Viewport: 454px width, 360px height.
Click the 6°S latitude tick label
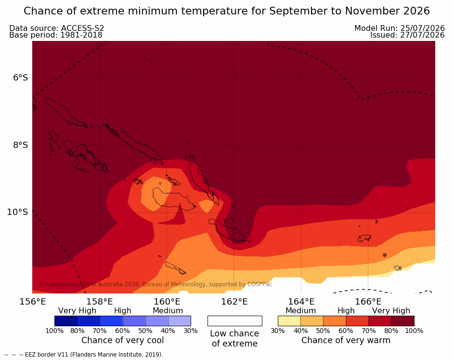tap(21, 78)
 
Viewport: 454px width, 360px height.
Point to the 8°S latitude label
tap(21, 145)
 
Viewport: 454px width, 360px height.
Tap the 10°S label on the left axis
tap(18, 212)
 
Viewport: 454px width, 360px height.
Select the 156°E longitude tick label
tap(33, 302)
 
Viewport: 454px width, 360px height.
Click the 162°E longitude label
tap(234, 302)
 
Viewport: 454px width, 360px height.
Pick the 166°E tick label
tap(368, 302)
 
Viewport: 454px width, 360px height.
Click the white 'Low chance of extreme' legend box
tap(235, 321)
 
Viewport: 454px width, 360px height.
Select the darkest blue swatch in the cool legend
tap(66, 321)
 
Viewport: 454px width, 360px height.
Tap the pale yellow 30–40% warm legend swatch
tap(289, 321)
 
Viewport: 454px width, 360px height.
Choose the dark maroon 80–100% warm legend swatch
tap(403, 321)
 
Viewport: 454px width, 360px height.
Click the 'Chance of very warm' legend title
tap(346, 340)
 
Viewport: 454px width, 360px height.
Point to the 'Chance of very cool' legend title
tap(122, 340)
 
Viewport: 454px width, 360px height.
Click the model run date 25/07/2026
tap(422, 28)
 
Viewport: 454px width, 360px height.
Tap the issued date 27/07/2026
tap(422, 35)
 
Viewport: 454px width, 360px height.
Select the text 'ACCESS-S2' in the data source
tap(82, 28)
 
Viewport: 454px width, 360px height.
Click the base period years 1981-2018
tap(81, 35)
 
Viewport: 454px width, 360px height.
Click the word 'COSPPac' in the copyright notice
tap(259, 284)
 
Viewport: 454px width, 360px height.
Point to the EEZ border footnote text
tap(84, 355)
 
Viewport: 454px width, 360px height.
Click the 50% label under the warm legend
tap(323, 331)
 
